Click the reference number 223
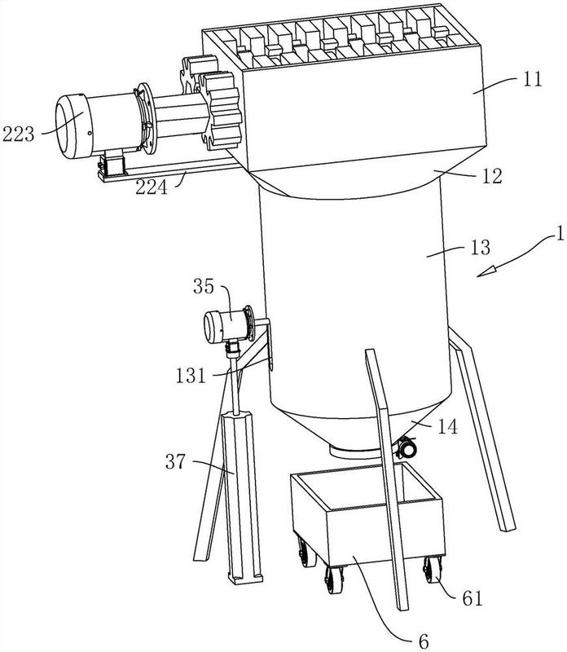(18, 134)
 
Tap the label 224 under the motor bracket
(152, 187)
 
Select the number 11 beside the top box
(532, 78)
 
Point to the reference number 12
(493, 176)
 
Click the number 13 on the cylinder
(481, 248)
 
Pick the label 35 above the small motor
(204, 287)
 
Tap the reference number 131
(191, 376)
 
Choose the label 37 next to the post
(176, 461)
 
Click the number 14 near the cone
(448, 426)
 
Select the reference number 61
(472, 599)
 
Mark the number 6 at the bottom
(424, 641)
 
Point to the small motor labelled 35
(227, 327)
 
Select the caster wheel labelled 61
(431, 570)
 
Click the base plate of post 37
(245, 579)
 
